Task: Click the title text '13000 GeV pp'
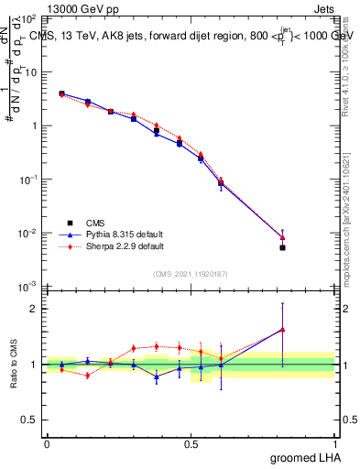coord(77,7)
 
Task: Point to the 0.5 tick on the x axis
coord(191,443)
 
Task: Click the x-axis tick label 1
coord(334,443)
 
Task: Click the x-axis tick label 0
coord(47,443)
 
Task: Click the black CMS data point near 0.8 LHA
coord(283,247)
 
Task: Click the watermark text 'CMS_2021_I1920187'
coord(191,274)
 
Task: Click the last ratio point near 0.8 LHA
coord(283,330)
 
